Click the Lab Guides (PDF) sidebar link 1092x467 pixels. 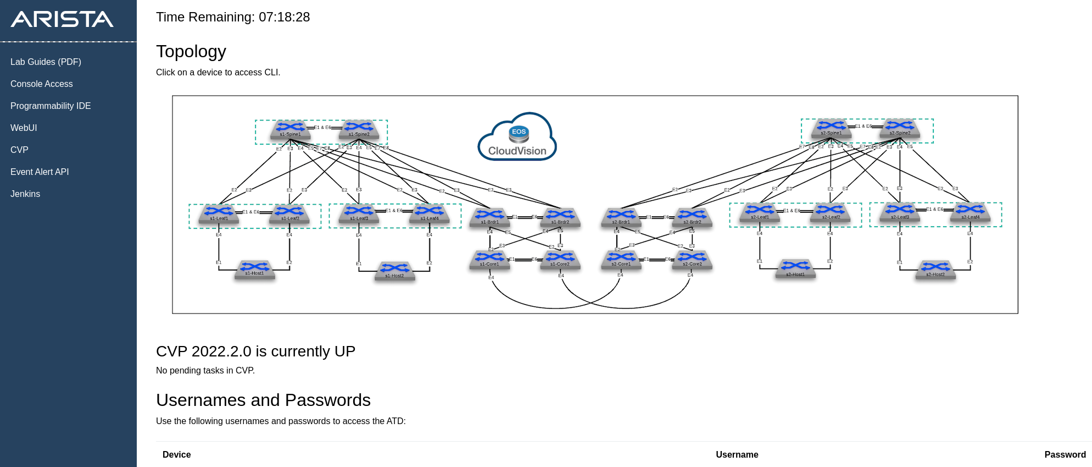click(46, 62)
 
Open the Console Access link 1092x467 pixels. click(41, 84)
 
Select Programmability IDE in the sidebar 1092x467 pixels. click(51, 106)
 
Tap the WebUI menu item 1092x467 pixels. click(24, 128)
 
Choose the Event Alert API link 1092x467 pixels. click(40, 172)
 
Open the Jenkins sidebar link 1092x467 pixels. click(25, 194)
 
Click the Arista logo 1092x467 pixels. click(62, 20)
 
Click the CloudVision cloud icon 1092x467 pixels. click(517, 138)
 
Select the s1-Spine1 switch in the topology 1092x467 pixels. click(290, 130)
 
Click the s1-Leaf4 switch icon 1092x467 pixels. click(430, 214)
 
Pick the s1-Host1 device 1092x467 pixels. click(254, 270)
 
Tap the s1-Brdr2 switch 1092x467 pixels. click(560, 217)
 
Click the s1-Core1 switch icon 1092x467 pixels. click(489, 260)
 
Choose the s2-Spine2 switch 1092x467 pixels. click(900, 129)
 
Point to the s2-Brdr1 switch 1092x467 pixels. click(621, 217)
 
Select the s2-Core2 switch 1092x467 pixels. click(692, 260)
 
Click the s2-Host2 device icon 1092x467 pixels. click(935, 270)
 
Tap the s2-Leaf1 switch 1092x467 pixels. click(760, 213)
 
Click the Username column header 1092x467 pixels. click(737, 455)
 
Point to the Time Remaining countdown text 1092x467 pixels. click(233, 18)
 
